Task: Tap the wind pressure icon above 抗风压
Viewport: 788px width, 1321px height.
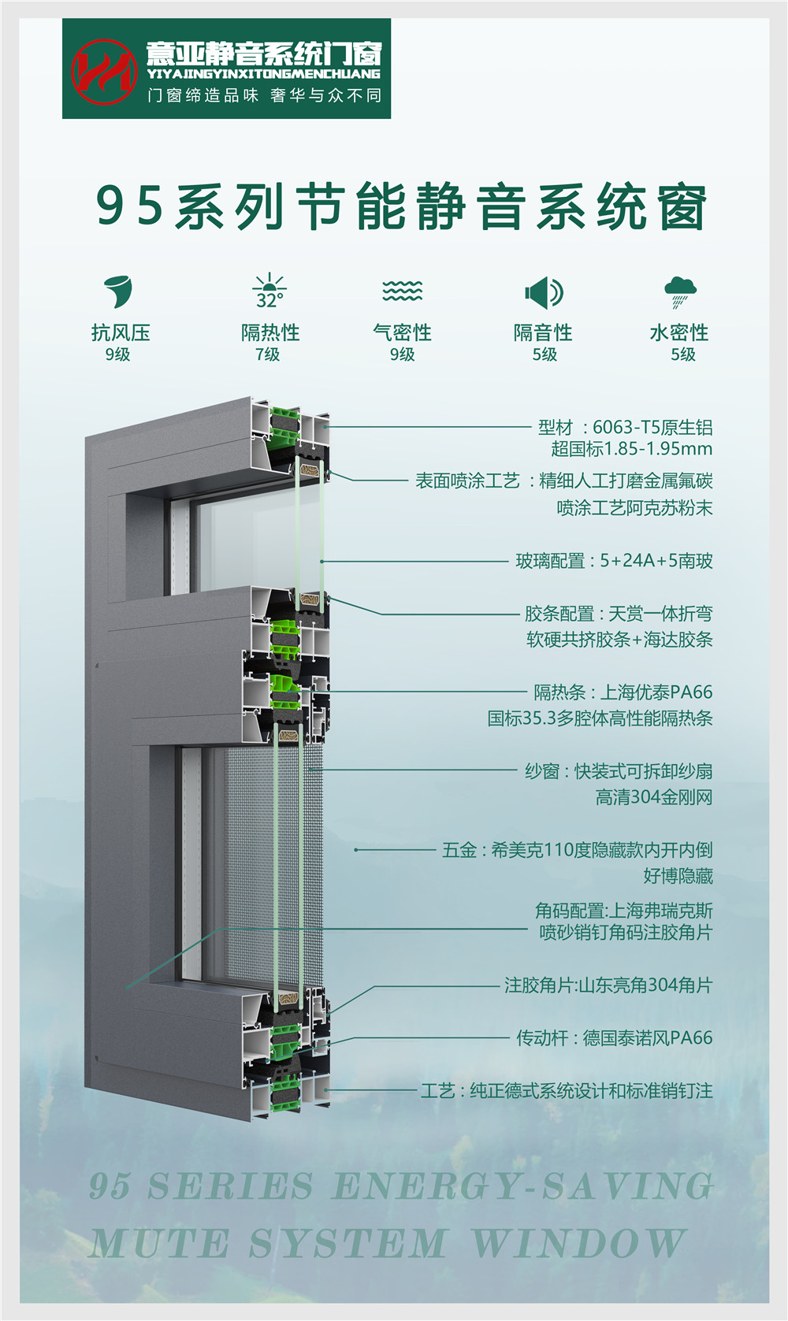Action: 118,291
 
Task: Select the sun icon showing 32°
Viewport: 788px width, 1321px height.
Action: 269,291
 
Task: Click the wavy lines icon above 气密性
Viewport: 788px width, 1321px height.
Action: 402,291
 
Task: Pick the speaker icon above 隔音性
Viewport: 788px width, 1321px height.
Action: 543,292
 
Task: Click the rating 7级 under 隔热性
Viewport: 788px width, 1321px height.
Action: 268,354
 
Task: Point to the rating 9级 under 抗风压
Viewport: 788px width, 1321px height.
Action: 117,354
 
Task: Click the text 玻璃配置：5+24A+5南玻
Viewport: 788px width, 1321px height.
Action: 614,561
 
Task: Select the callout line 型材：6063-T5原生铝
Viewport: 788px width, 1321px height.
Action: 625,428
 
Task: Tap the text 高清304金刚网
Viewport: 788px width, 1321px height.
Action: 653,797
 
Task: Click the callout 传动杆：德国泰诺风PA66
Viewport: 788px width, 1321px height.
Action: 614,1038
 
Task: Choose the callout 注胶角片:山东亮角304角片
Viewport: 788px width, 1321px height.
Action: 608,985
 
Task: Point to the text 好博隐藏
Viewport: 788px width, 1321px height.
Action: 678,876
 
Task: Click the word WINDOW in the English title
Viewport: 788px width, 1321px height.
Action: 578,1245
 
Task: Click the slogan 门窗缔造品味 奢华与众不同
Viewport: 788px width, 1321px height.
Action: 264,95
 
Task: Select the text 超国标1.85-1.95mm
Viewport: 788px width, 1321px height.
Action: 631,449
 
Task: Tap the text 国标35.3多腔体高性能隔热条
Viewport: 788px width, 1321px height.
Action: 600,718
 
